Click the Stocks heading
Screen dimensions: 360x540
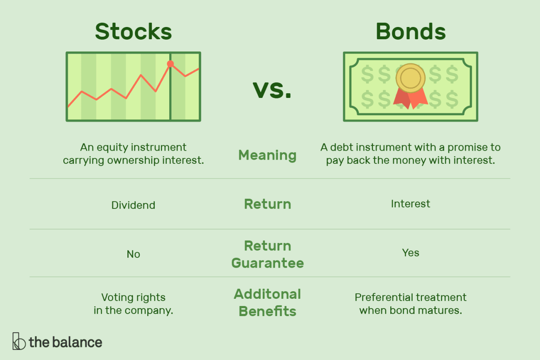coord(133,31)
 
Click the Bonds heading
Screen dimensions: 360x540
coord(410,31)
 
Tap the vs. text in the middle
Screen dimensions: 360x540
coord(272,90)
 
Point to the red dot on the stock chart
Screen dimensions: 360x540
coord(170,64)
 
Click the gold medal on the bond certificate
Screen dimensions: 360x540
coord(410,78)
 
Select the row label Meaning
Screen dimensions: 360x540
coord(267,155)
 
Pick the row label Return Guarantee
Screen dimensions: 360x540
coord(267,254)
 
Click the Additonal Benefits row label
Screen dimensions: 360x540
coord(267,303)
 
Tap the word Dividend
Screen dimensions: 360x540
coord(133,205)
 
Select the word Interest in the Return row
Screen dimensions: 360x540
coord(410,204)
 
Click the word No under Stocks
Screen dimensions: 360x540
coord(133,254)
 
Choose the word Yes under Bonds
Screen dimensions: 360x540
coord(410,253)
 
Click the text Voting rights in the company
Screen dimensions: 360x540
coord(133,304)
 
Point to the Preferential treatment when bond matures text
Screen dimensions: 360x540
coord(410,304)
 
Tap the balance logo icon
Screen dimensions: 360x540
coord(19,341)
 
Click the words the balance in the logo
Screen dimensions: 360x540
coord(65,342)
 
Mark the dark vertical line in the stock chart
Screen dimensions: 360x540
coord(170,101)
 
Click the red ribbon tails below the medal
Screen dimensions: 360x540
coord(410,99)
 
